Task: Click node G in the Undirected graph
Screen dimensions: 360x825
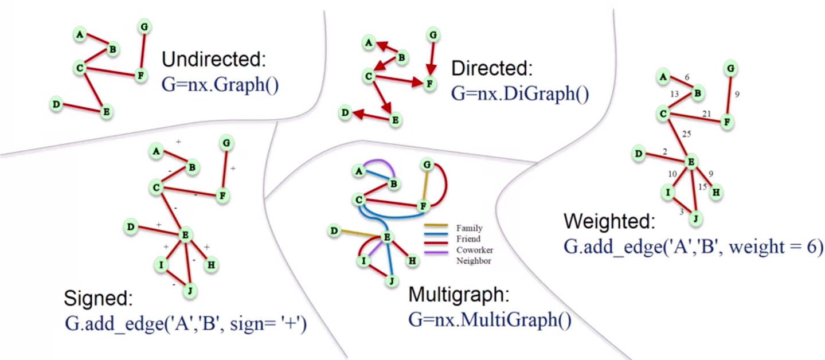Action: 144,26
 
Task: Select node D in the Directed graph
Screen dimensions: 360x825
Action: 346,114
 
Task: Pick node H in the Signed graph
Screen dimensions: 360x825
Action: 211,264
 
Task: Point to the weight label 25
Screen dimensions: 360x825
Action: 687,134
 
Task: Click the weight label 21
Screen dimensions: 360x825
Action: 707,114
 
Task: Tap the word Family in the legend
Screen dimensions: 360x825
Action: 469,228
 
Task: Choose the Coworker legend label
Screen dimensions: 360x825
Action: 475,250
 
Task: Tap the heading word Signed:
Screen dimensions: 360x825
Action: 99,299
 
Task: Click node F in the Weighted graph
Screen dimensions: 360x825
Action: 728,123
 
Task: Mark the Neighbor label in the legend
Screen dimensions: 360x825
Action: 474,261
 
